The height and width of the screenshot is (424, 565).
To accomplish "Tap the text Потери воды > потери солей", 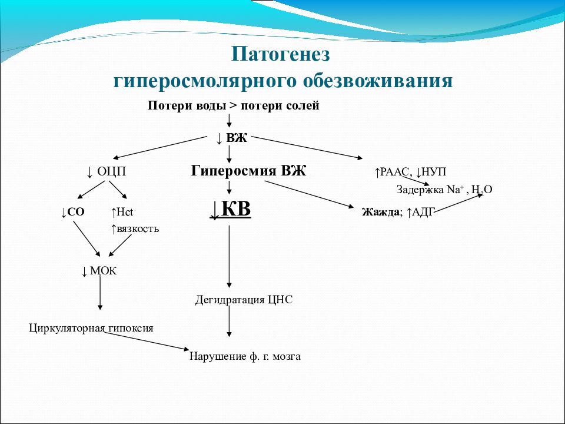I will (233, 106).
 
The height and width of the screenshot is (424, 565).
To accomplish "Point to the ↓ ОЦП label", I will (107, 172).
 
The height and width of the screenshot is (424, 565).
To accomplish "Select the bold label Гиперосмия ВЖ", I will (249, 171).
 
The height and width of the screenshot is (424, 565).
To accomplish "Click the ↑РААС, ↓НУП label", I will (410, 172).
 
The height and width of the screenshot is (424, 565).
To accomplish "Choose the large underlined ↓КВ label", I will (231, 210).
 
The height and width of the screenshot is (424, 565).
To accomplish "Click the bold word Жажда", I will (381, 212).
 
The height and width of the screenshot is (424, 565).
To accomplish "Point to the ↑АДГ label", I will (420, 212).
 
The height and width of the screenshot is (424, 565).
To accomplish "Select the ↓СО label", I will (73, 212).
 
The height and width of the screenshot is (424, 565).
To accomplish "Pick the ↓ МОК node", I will (99, 271).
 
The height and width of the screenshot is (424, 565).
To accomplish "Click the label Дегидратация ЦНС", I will (244, 300).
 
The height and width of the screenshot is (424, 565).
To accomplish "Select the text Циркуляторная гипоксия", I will (91, 328).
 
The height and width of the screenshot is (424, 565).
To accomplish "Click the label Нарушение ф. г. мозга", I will (245, 356).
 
